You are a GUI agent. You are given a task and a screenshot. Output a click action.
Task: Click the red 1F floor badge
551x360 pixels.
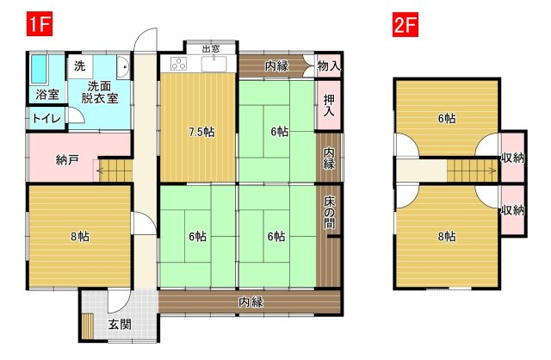(40, 23)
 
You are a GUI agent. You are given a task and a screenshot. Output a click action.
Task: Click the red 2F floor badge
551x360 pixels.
(406, 24)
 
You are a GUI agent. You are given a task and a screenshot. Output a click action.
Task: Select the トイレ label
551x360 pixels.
(46, 119)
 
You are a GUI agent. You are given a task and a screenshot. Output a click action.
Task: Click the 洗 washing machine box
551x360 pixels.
(80, 65)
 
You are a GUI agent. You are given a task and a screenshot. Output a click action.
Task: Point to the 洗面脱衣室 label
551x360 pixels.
(100, 92)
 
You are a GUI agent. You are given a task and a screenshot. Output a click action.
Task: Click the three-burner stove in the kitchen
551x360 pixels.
(178, 64)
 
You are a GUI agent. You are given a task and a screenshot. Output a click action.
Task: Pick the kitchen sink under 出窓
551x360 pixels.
(214, 65)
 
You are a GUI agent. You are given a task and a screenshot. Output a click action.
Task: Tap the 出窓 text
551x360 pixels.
(211, 49)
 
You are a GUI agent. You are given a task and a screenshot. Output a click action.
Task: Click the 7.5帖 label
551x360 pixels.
(201, 132)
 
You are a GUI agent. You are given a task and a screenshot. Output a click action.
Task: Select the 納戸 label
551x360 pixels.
(67, 160)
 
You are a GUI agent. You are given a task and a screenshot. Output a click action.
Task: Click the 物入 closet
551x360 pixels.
(329, 65)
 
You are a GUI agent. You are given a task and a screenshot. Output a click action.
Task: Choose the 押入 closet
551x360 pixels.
(329, 105)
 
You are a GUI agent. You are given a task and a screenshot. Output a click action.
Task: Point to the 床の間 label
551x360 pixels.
(329, 213)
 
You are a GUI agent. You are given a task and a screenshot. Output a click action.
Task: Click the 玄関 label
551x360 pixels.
(120, 325)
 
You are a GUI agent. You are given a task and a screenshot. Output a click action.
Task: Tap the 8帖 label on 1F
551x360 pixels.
(80, 237)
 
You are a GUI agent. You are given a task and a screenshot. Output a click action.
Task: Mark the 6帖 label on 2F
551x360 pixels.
(447, 119)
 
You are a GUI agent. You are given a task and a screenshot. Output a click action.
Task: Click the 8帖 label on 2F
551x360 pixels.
(447, 236)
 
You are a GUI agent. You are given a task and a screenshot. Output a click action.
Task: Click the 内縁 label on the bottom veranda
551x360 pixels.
(251, 302)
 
